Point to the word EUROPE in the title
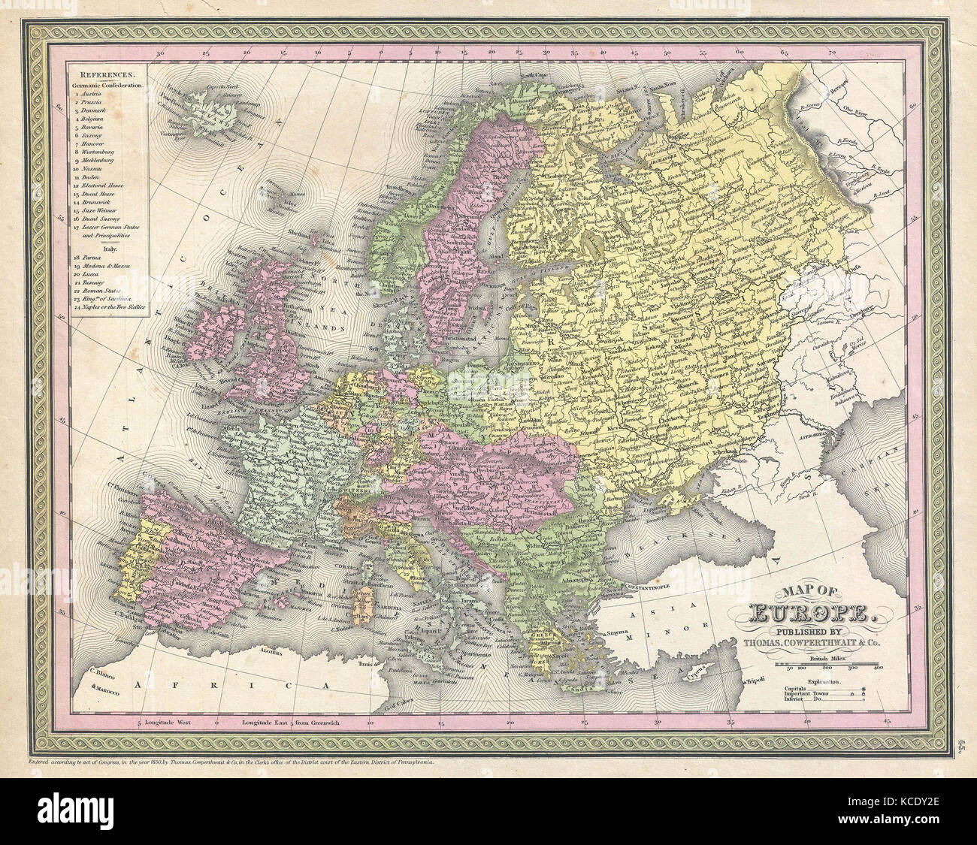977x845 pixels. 809,616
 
